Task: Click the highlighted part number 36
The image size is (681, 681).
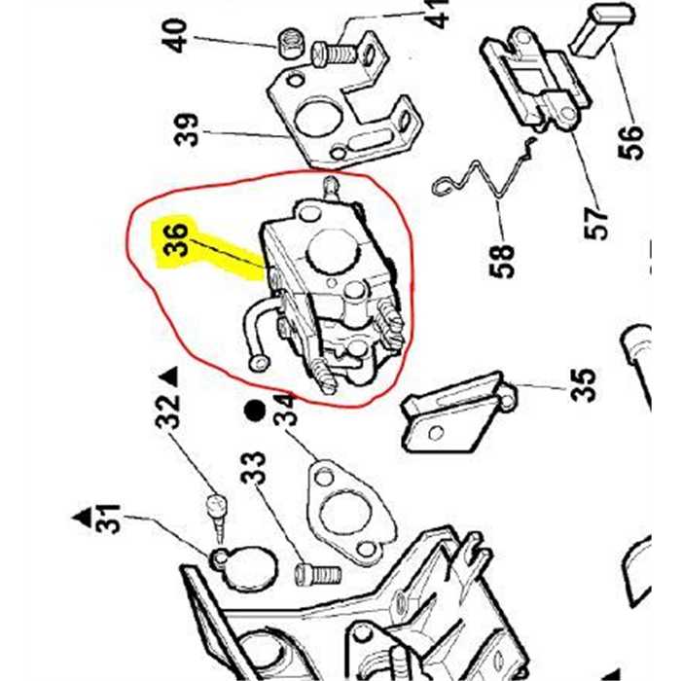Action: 176,240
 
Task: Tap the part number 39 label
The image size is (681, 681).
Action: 188,129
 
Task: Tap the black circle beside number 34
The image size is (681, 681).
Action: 255,411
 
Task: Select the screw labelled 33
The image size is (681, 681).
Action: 317,573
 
